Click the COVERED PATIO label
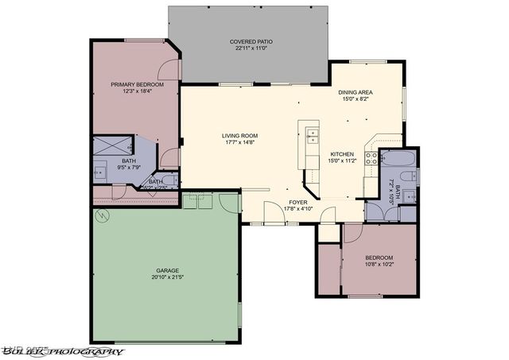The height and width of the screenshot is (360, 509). [x=248, y=41]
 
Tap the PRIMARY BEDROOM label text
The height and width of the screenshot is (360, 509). [x=137, y=84]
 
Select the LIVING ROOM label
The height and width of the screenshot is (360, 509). [x=239, y=136]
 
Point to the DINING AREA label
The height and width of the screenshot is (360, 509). [x=356, y=92]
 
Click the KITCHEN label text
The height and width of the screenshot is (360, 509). [x=341, y=153]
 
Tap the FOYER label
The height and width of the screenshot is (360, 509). [x=297, y=202]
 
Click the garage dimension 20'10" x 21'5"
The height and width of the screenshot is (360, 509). [x=167, y=277]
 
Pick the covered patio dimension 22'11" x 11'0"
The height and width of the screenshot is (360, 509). [x=248, y=48]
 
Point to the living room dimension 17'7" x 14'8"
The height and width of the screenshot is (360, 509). [x=239, y=143]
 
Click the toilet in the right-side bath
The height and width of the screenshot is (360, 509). [x=407, y=213]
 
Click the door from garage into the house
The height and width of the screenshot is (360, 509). [x=230, y=202]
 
